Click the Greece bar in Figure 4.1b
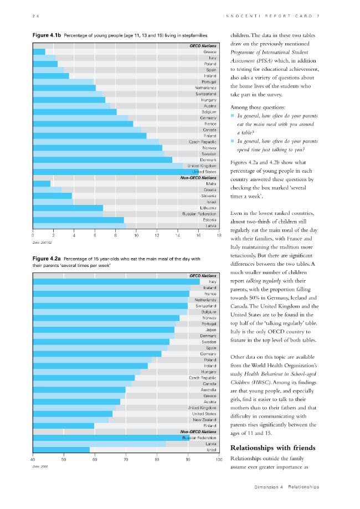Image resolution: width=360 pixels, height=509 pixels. [39, 52]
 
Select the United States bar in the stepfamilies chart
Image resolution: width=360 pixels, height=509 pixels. [116, 172]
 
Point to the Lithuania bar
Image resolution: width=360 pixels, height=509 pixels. [68, 208]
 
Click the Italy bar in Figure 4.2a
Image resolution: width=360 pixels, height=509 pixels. [116, 282]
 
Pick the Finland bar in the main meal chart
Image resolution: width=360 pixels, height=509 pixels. [63, 425]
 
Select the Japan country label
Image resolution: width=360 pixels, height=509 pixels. [210, 330]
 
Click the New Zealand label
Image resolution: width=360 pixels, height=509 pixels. [204, 420]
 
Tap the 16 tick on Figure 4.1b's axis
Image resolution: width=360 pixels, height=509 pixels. [198, 236]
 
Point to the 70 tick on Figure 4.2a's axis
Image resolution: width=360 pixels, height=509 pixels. [126, 460]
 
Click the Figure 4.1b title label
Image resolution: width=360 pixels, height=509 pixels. [47, 35]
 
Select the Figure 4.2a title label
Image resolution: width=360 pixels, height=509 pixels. [47, 259]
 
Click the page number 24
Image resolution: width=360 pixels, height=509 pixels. [35, 16]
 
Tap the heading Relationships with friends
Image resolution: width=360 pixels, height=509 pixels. [272, 448]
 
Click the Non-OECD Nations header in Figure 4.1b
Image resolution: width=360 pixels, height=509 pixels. [198, 178]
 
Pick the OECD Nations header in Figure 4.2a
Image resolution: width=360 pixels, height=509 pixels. [203, 276]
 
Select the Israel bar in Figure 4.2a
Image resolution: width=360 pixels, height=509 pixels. [61, 450]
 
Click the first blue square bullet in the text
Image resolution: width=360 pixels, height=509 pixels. [232, 116]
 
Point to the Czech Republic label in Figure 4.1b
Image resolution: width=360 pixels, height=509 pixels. [203, 142]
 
